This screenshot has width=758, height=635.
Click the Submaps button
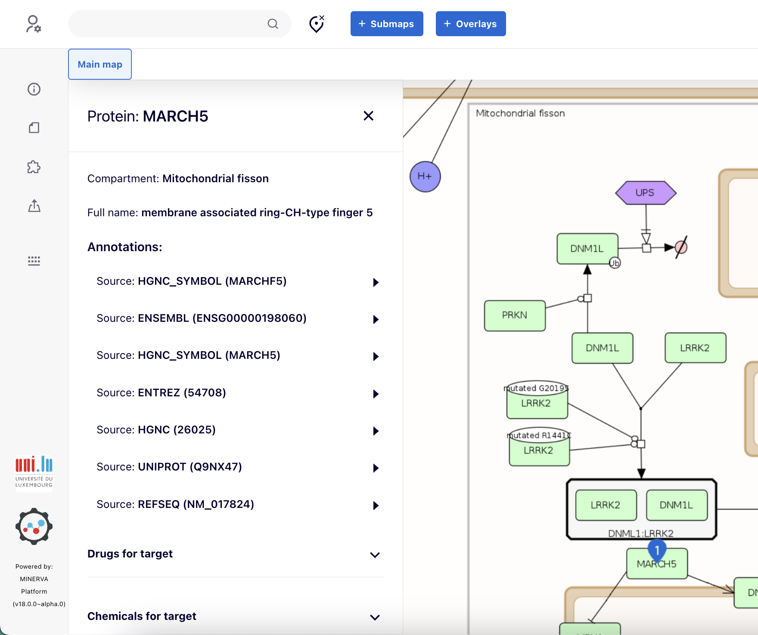(386, 24)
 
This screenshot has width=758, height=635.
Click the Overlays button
(470, 24)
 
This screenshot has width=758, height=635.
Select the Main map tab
(100, 64)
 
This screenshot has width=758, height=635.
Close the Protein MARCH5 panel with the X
(368, 116)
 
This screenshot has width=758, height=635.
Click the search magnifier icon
(273, 24)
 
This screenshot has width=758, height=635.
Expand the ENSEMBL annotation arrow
(376, 319)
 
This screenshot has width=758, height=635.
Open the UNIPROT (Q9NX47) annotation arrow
(376, 468)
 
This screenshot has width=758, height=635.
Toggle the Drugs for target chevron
(375, 555)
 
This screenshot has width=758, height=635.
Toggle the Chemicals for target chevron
(375, 617)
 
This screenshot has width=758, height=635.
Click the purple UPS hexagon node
(645, 193)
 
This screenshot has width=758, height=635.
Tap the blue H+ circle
(425, 176)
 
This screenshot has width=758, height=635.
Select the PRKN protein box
(515, 315)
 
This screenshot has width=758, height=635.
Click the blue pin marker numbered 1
(657, 549)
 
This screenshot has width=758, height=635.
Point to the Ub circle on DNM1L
(615, 263)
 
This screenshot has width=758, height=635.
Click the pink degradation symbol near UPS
(681, 247)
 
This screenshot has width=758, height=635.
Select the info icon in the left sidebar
(34, 89)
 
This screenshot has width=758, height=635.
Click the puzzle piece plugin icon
(34, 167)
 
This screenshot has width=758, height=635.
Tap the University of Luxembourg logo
(34, 472)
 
